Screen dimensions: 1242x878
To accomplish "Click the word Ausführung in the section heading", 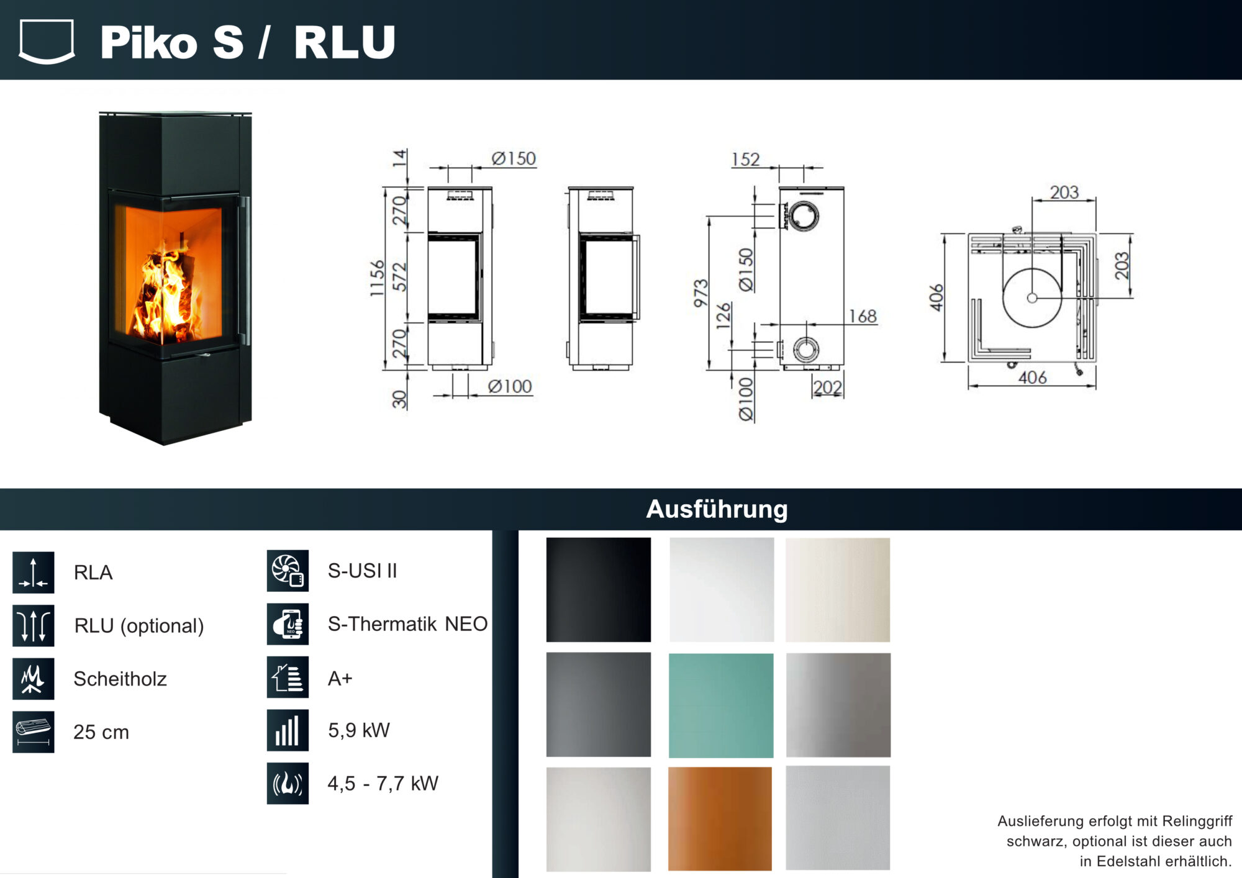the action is point(717,509).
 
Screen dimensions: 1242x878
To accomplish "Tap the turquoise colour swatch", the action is point(721,705).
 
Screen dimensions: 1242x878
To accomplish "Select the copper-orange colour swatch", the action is point(720,818).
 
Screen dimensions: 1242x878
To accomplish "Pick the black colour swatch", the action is point(599,590).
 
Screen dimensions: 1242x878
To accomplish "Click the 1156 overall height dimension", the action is point(377,278).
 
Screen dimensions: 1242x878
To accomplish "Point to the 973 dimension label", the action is point(701,293).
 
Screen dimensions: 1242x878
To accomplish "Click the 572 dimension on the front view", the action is point(400,277).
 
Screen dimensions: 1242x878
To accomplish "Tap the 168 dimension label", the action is point(863,317).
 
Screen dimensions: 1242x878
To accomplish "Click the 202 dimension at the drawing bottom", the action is point(828,387).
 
